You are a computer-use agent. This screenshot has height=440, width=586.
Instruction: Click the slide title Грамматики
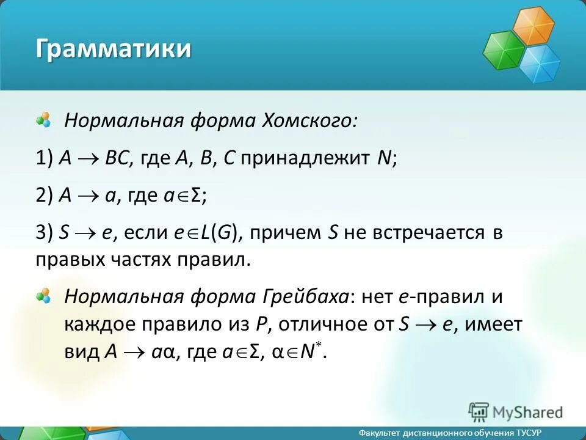click(112, 48)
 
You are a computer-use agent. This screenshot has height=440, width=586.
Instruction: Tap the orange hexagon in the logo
click(532, 26)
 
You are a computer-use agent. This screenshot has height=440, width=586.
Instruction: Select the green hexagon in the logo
click(504, 50)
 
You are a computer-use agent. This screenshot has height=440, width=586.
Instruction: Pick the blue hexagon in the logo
click(540, 64)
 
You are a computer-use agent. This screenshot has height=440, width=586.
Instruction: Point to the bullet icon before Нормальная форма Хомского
click(43, 119)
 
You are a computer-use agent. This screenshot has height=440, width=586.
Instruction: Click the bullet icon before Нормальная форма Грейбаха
click(43, 296)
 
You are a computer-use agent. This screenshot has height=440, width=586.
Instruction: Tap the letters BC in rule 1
click(117, 159)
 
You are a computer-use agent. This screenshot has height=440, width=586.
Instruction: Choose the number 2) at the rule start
click(45, 196)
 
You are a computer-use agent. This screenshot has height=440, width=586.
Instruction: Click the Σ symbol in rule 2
click(196, 196)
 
